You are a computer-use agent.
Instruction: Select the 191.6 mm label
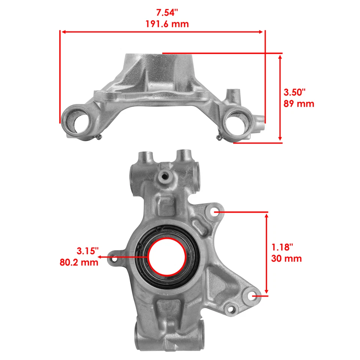click(167, 24)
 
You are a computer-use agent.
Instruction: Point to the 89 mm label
click(298, 103)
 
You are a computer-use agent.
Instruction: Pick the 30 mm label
click(286, 258)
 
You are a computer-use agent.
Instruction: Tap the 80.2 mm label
click(79, 262)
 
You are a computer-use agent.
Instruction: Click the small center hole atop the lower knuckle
click(164, 175)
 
